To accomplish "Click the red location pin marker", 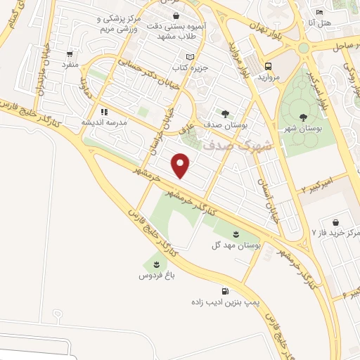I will point(181,165).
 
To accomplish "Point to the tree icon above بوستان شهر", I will point(303,117).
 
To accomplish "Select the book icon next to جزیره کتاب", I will point(188,57).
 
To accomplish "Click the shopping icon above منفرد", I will point(70,54).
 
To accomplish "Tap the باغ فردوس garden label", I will point(155,276).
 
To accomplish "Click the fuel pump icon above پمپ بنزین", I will point(224,291).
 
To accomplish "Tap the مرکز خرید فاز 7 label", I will point(336,232).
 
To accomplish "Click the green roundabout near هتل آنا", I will point(304,48).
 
